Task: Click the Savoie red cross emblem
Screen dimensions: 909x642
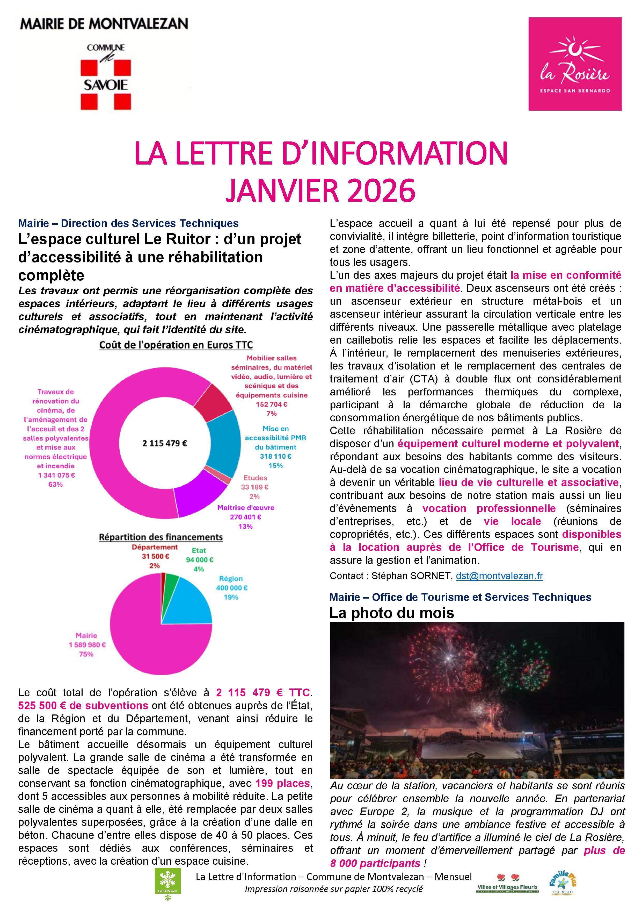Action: click(106, 84)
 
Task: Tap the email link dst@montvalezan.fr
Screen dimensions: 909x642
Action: click(499, 576)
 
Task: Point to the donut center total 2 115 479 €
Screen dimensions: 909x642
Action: click(165, 443)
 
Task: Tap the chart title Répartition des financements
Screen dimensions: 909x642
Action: click(160, 537)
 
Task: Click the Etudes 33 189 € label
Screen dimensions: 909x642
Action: click(255, 487)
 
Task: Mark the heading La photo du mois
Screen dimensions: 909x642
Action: click(392, 613)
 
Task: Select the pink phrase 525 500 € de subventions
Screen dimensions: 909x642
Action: click(83, 706)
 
